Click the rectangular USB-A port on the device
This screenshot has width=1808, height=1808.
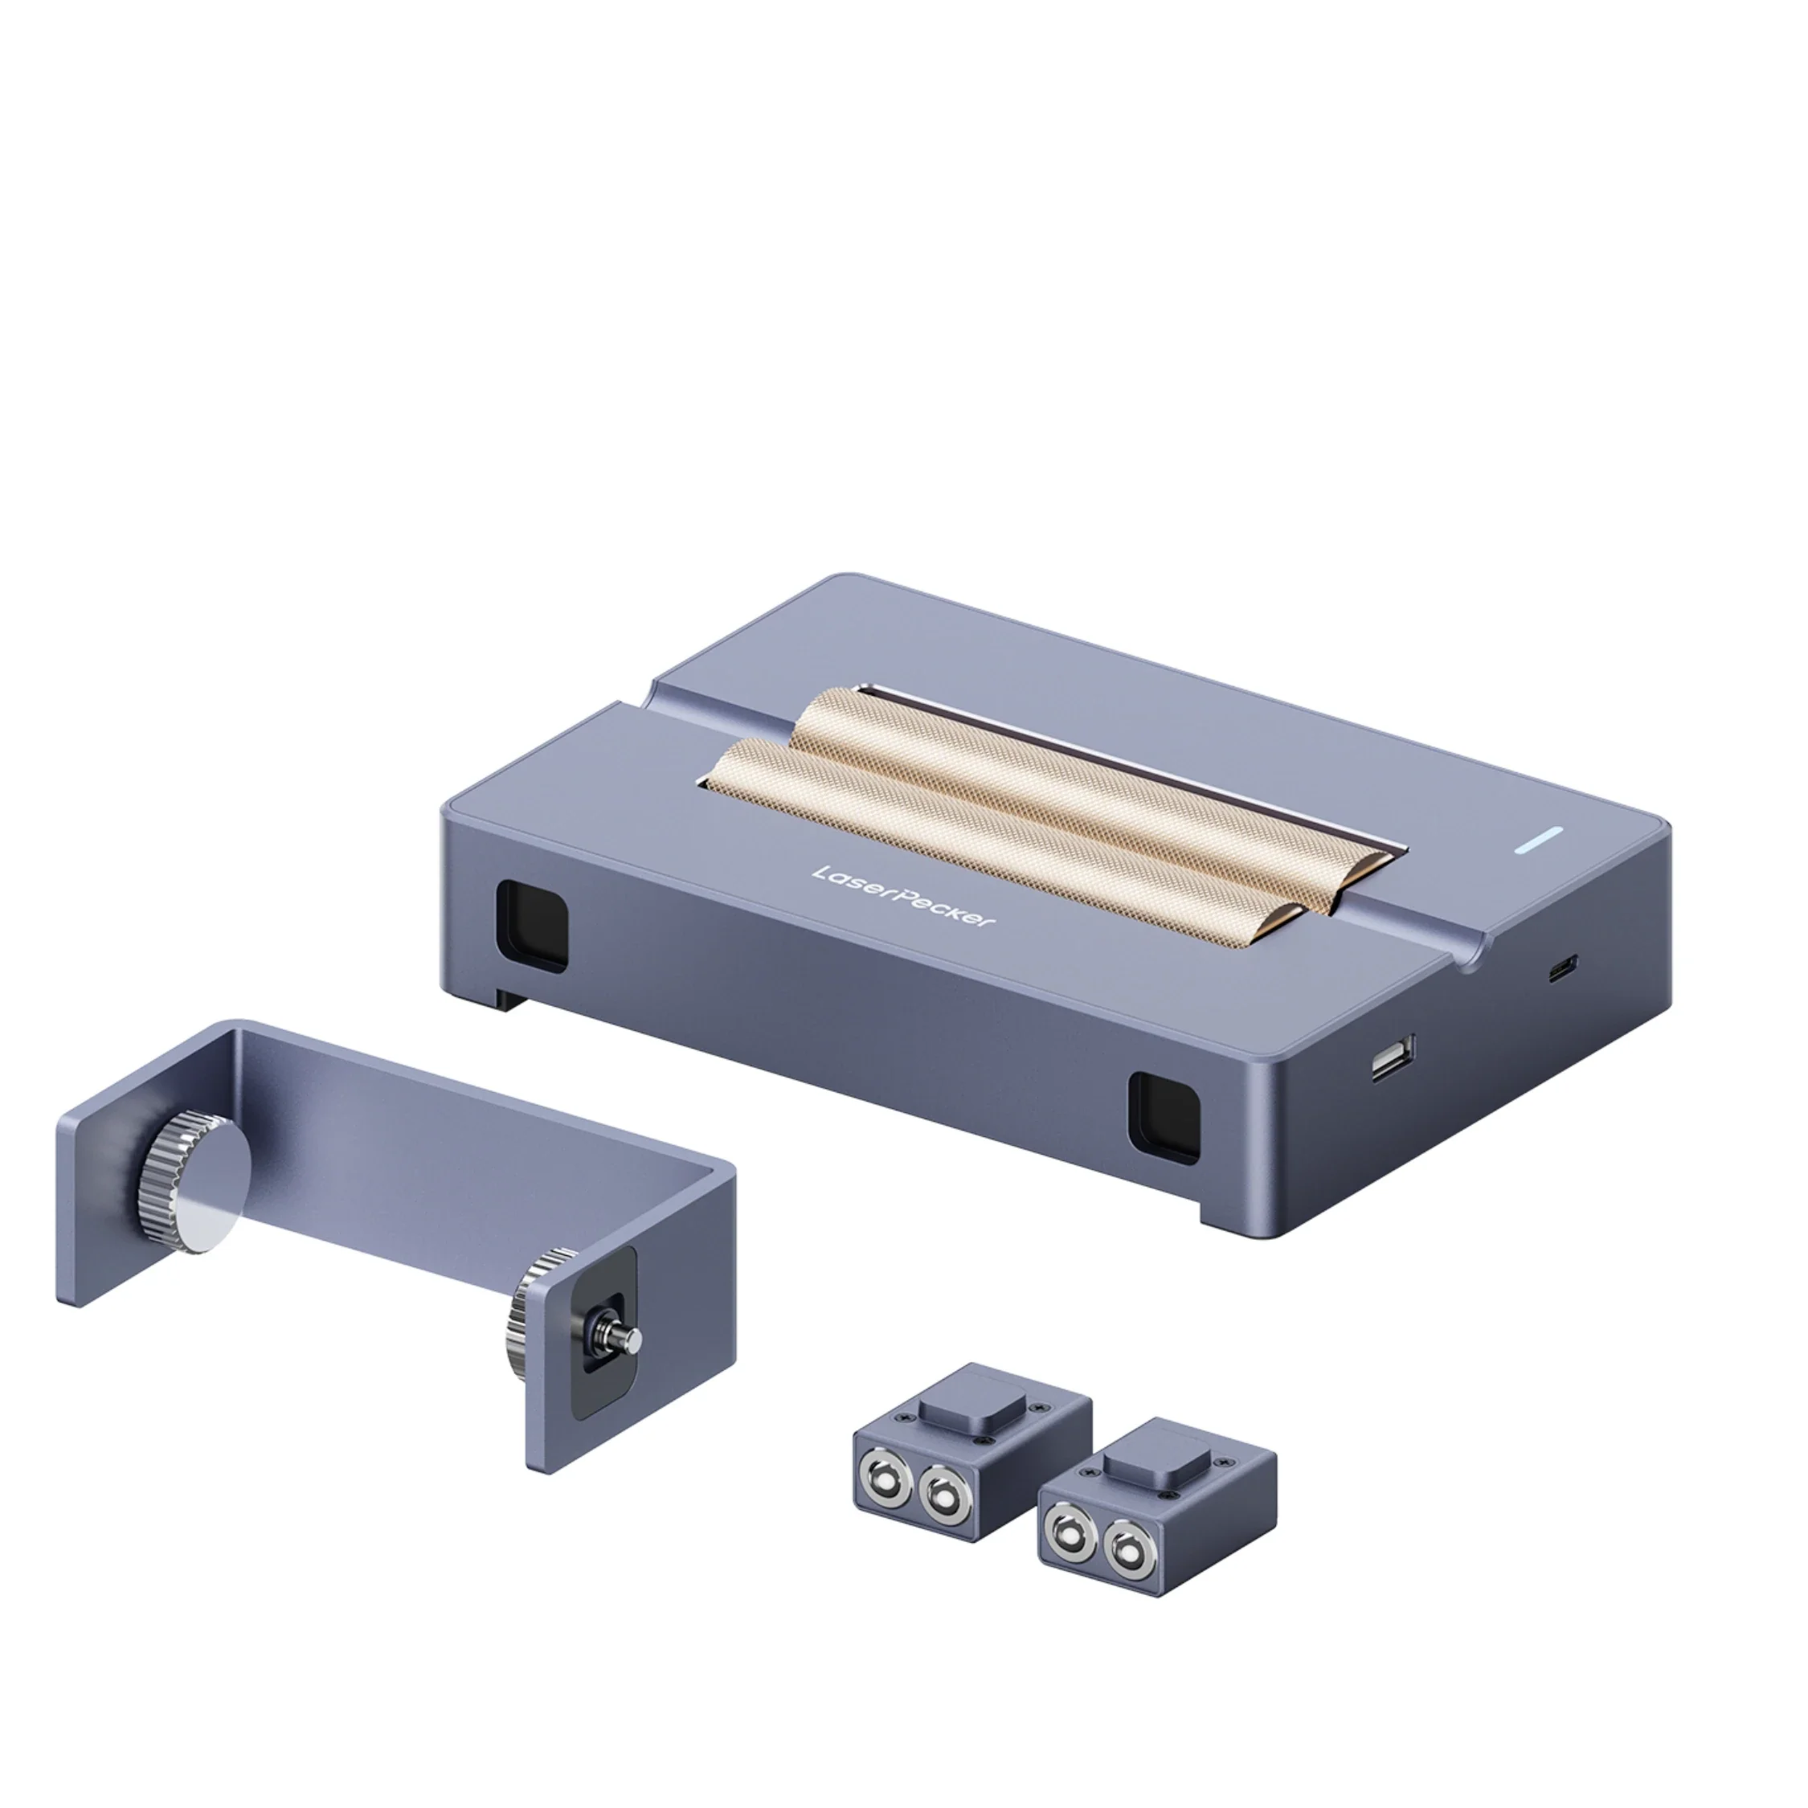pyautogui.click(x=1393, y=1057)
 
